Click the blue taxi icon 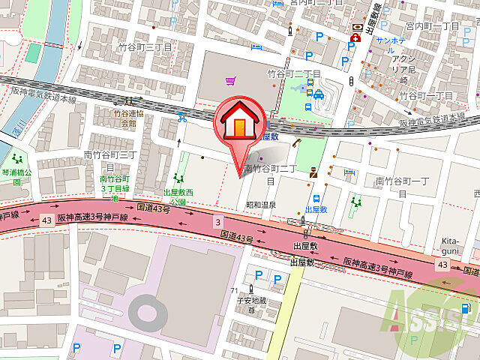319,94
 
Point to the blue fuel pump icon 466,308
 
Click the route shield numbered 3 218,222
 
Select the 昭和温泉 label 261,205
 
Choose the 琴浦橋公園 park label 16,172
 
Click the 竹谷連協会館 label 124,118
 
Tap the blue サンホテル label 391,40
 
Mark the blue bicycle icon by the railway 181,117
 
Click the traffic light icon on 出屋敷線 349,80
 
